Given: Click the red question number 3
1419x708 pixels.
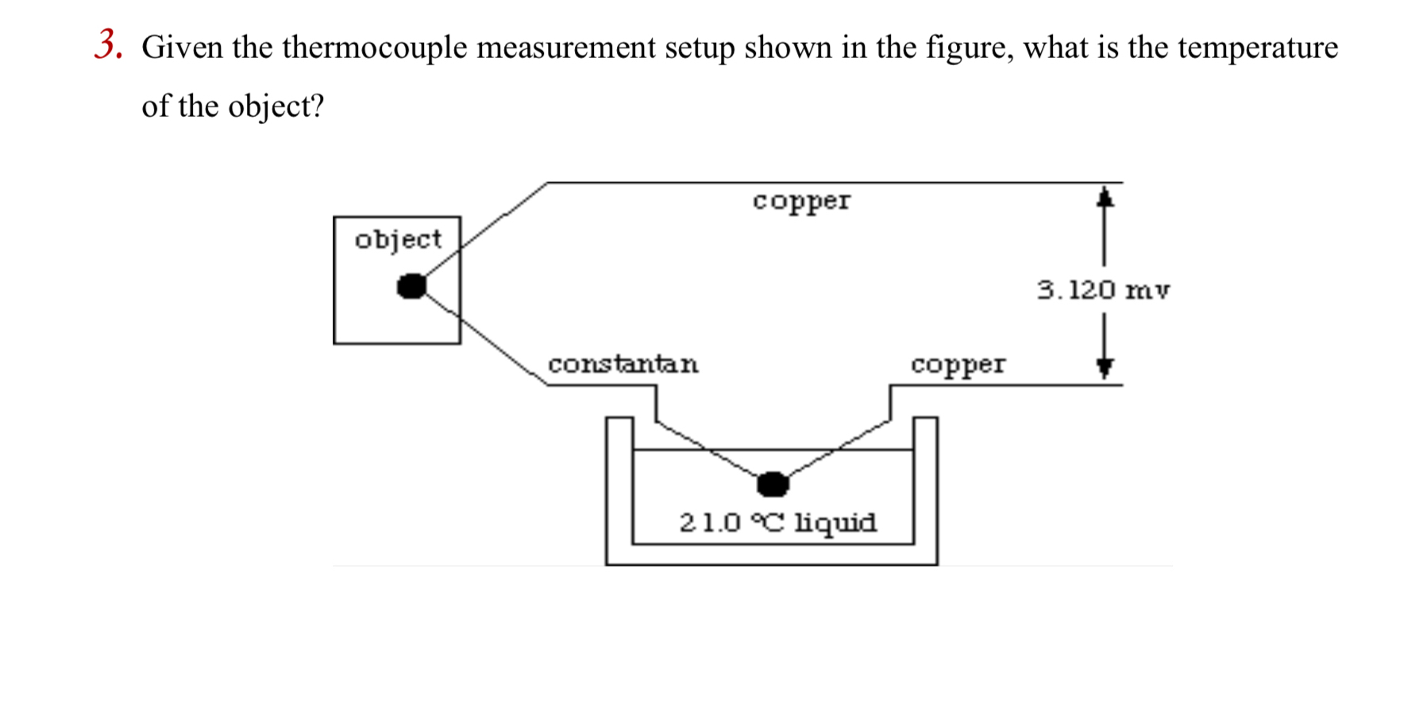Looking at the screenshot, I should (108, 45).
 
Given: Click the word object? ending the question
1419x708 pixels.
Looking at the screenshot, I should (276, 106).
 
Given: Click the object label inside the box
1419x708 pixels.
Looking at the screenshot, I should (398, 239).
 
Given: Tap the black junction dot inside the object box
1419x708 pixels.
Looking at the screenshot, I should (411, 286).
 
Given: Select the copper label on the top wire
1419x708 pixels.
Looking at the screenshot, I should (801, 200).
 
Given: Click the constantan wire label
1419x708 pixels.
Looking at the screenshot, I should (623, 364).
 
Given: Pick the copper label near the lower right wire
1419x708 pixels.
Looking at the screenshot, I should (958, 364).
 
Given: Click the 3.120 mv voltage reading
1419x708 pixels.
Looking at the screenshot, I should (1103, 290).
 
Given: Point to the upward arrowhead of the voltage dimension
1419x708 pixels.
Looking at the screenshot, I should (1105, 197).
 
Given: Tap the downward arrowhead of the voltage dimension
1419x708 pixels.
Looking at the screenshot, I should (1105, 367).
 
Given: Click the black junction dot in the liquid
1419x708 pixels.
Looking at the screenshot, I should (773, 483).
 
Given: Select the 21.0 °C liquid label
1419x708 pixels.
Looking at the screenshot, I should (778, 523).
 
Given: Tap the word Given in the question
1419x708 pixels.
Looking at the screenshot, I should (182, 48).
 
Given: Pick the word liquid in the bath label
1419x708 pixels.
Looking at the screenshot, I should (836, 523).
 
